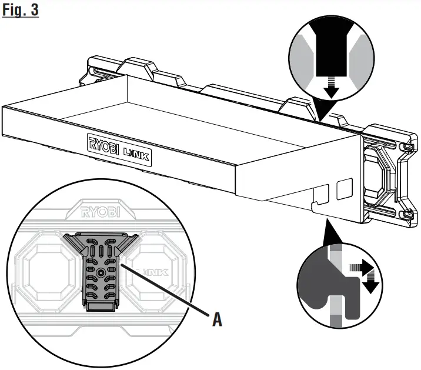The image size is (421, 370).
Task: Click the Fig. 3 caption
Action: pos(20,10)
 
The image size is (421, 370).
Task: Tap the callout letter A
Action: pos(216,321)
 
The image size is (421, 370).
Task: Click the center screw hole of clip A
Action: pos(102,272)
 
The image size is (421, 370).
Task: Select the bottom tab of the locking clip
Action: pos(102,305)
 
